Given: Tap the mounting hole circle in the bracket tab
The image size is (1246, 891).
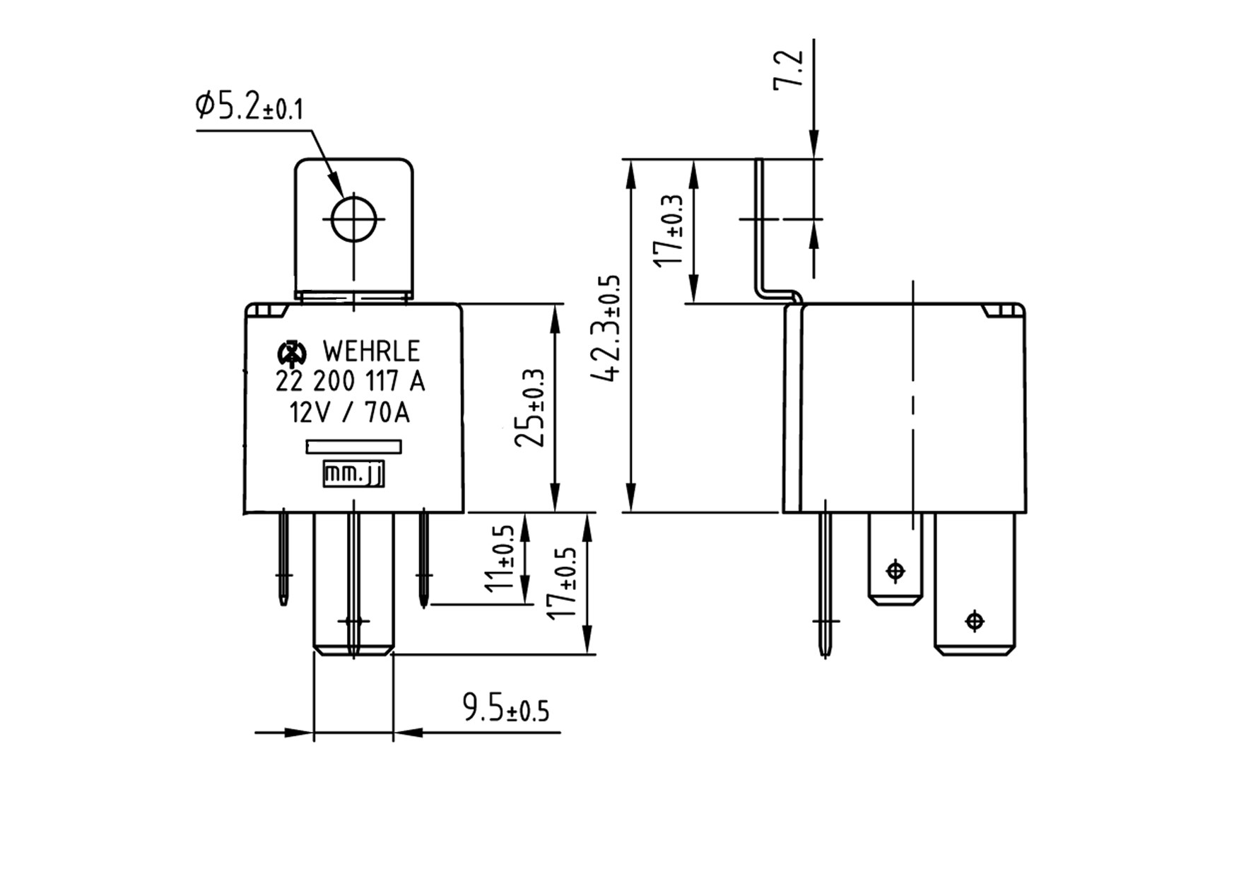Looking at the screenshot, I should [353, 219].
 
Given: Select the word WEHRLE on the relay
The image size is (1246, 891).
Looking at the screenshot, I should [370, 351].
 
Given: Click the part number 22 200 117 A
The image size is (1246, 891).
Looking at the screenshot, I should [351, 382].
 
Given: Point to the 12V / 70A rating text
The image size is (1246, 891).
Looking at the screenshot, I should [350, 412].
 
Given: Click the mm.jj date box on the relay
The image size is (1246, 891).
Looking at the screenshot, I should [353, 474].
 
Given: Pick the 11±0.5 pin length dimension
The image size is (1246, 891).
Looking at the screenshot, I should [506, 559].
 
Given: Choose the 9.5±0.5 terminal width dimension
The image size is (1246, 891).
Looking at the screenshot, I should [505, 708].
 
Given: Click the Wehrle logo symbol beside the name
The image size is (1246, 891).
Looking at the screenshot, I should [291, 351].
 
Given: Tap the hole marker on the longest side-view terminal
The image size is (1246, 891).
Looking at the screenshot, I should [975, 621].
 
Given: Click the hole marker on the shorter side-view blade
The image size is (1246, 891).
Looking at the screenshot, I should [895, 570].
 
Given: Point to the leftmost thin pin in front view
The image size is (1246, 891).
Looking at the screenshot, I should [283, 559].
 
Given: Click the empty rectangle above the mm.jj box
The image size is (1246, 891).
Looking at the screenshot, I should [353, 447].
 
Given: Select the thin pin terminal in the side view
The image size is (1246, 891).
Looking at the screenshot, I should [825, 580].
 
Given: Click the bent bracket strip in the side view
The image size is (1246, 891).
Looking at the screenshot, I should [761, 233].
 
